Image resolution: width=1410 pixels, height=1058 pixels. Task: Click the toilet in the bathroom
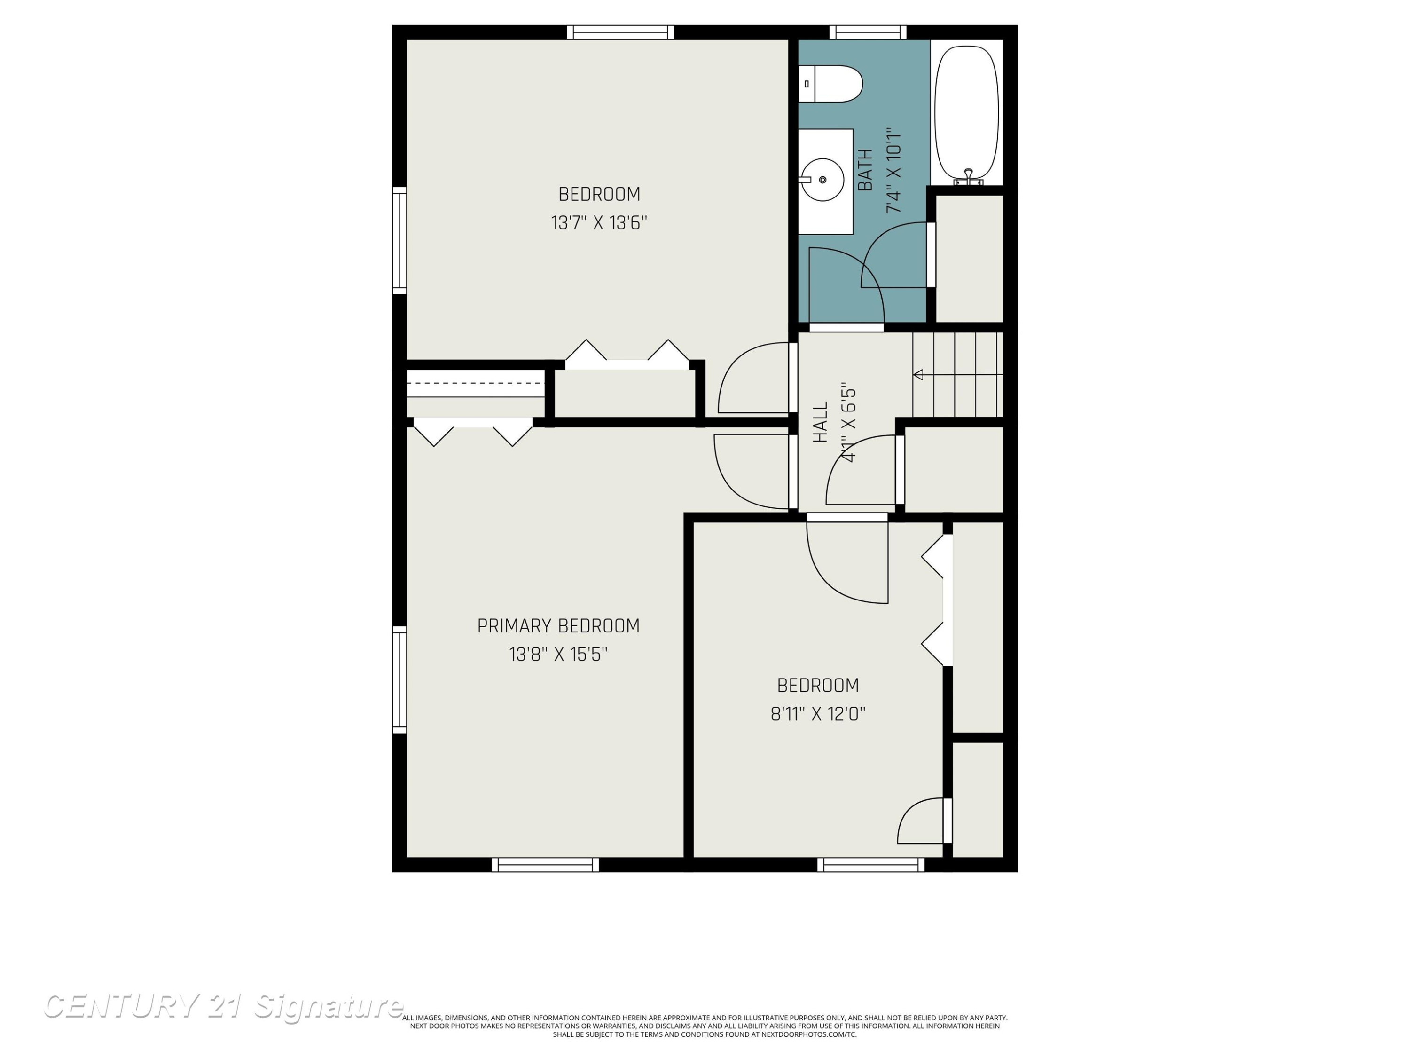coord(830,84)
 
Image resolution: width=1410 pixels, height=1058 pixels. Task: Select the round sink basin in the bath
coord(822,180)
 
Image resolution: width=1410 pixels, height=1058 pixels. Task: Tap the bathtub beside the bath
coord(966,113)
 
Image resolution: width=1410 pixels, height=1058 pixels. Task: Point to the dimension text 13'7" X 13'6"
coord(599,222)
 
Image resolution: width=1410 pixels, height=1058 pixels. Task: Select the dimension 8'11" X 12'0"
coord(818,714)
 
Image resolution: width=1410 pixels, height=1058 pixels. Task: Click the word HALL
coord(820,421)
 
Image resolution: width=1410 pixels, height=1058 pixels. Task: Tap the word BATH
coord(865,170)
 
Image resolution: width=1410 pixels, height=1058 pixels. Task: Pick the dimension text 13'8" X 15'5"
coord(558,655)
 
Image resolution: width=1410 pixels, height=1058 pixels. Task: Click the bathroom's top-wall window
coord(868,32)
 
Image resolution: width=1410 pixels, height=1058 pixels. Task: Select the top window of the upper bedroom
coord(620,32)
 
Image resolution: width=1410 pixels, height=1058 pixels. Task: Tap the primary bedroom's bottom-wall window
coord(545,864)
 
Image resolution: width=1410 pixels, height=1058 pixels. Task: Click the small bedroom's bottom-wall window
coord(871,864)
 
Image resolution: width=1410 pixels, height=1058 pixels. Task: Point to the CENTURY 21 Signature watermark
coord(223,1006)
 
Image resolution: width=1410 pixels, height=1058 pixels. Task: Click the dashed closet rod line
coord(474,383)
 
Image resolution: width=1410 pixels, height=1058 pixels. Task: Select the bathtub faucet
coord(968,177)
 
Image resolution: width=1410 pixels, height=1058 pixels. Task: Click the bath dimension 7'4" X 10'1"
coord(893,170)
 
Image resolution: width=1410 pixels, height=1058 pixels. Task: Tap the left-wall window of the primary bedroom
coord(399,679)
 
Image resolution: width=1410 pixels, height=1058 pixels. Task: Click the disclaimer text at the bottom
coord(705,1026)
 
